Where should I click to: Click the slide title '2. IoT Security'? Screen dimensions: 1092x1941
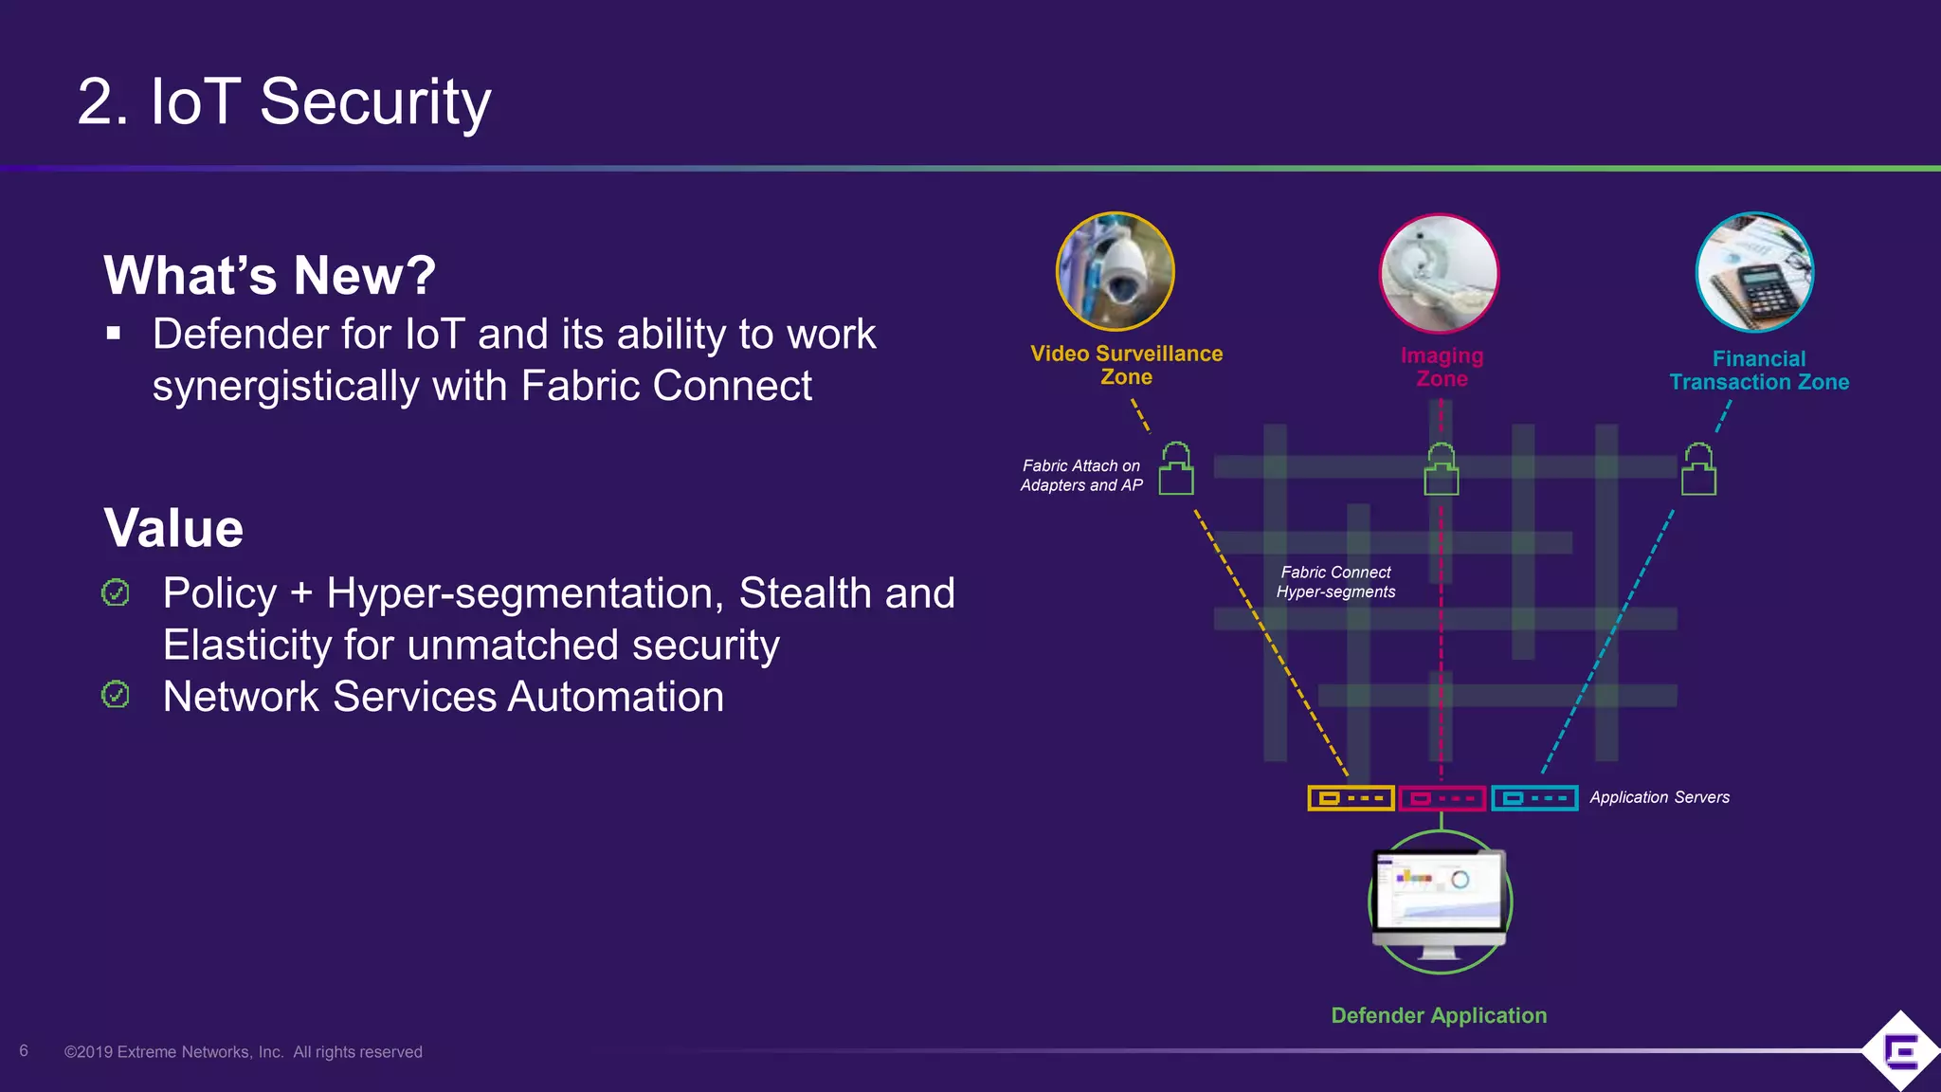tap(283, 101)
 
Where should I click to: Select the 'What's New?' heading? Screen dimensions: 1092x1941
tap(269, 275)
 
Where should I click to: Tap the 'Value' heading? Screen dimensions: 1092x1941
tap(173, 528)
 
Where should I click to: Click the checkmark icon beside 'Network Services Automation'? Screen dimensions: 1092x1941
tap(116, 695)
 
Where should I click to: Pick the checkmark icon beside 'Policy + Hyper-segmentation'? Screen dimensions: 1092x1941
tap(116, 593)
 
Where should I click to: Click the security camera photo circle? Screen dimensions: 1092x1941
tap(1116, 272)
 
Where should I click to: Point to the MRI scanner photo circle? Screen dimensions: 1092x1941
tap(1439, 274)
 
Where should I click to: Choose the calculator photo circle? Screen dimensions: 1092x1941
tap(1754, 273)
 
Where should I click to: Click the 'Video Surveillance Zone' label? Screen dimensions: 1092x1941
tap(1126, 365)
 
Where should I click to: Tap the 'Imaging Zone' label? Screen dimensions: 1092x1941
tap(1442, 367)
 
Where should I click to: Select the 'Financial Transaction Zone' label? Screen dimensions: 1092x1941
tap(1759, 371)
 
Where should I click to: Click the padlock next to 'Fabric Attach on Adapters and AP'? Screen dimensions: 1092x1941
tap(1176, 468)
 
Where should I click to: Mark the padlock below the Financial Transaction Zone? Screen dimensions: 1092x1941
tap(1698, 469)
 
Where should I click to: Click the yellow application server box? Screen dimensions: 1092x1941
tap(1351, 798)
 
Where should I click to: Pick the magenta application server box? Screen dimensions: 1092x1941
tap(1442, 798)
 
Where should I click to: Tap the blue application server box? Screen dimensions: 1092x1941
tap(1534, 798)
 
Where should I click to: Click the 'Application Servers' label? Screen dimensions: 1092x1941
tap(1660, 797)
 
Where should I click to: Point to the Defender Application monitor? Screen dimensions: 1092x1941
tap(1440, 901)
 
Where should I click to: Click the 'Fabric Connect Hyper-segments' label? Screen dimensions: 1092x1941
tap(1335, 582)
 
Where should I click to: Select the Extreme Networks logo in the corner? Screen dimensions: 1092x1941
tap(1899, 1050)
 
